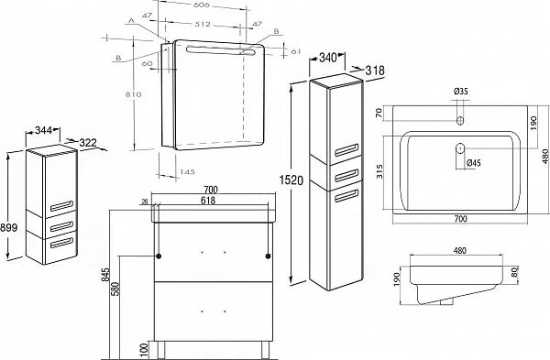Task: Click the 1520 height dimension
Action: [291, 180]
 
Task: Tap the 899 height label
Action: [8, 227]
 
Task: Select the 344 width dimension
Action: [43, 131]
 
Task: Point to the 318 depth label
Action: [375, 71]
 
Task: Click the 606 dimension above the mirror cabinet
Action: [201, 5]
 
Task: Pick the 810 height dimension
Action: [134, 94]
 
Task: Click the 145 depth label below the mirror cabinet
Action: [187, 172]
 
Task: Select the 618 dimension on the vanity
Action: [208, 201]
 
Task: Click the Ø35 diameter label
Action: [460, 92]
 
